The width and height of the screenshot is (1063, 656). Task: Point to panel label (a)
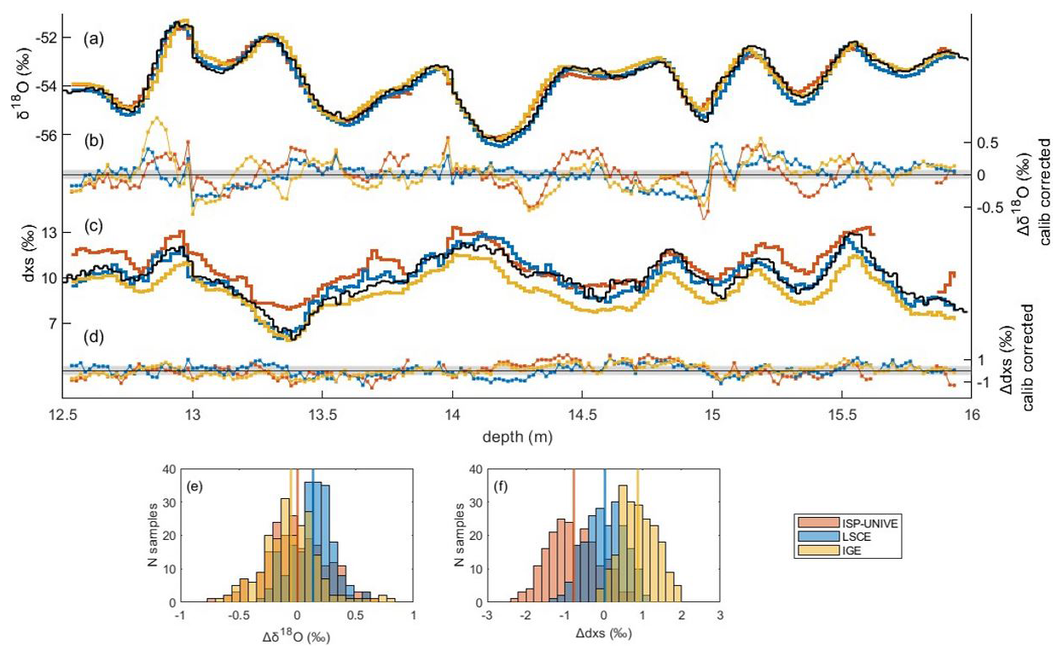click(93, 38)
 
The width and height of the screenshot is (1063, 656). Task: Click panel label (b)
click(93, 141)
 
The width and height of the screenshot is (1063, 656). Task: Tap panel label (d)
click(93, 336)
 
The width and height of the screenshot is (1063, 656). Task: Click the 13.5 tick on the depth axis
click(322, 416)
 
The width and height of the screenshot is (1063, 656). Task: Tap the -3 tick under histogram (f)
click(487, 614)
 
